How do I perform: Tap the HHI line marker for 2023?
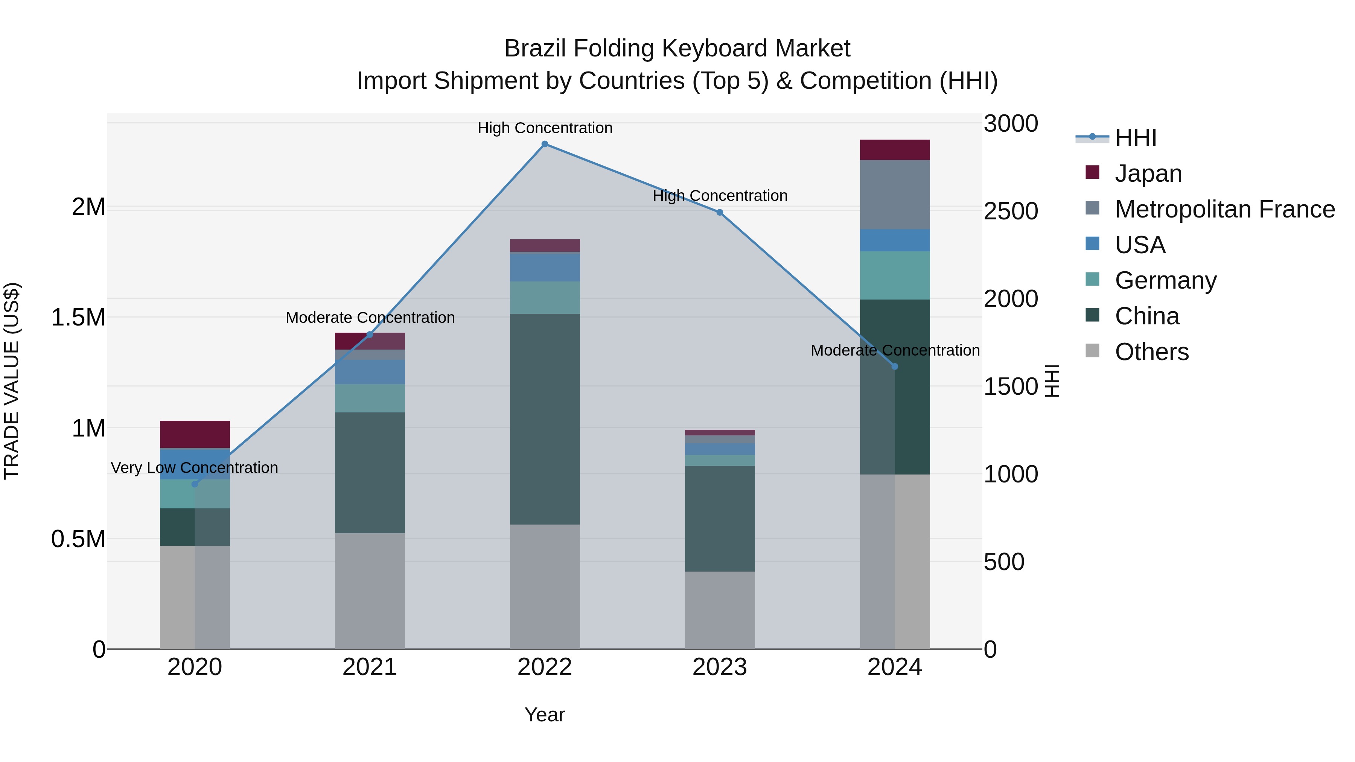click(x=720, y=213)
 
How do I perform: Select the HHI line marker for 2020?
click(x=195, y=484)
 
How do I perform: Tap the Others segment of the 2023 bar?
click(x=720, y=610)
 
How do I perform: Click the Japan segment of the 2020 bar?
click(x=195, y=434)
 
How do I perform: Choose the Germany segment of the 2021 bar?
click(x=370, y=398)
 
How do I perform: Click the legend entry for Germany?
click(x=1165, y=280)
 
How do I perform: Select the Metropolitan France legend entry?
click(x=1224, y=209)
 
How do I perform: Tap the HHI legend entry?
click(x=1135, y=138)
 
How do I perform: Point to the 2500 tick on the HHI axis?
click(x=1011, y=211)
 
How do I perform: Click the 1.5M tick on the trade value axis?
click(x=78, y=318)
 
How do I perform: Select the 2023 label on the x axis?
click(x=720, y=667)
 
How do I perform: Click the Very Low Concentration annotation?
click(x=195, y=467)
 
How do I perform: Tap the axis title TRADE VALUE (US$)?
click(x=12, y=381)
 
